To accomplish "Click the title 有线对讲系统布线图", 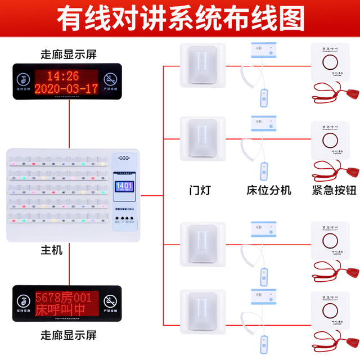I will [x=180, y=19].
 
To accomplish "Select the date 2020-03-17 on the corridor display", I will [x=65, y=89].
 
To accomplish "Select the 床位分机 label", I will [x=269, y=190].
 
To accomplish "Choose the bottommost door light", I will [x=202, y=311].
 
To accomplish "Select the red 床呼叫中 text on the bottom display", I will [x=60, y=309].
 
